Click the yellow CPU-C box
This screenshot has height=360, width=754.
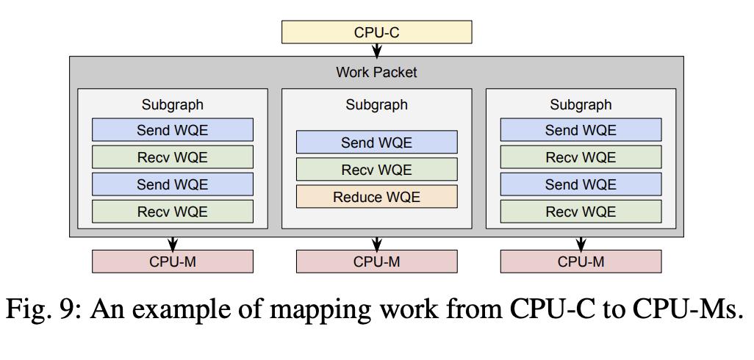point(376,32)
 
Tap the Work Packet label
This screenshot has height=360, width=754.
point(376,73)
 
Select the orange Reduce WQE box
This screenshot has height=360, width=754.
point(376,197)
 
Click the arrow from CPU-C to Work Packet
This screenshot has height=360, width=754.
point(376,50)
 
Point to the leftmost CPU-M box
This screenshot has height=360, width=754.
point(172,262)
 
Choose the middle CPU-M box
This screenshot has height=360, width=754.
point(376,262)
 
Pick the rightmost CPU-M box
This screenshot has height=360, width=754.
point(581,262)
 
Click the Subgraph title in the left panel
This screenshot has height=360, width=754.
point(172,105)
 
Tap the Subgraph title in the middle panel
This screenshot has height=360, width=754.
point(376,105)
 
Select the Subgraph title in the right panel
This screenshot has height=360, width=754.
point(581,105)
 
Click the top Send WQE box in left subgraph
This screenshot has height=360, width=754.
point(172,130)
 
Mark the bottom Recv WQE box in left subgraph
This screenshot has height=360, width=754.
point(172,212)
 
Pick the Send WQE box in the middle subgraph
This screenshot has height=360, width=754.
point(376,143)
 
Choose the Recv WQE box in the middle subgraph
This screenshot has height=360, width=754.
point(376,169)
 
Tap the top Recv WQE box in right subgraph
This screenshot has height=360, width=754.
point(581,156)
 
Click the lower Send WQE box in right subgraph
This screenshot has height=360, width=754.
point(581,184)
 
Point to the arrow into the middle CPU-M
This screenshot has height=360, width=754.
point(376,243)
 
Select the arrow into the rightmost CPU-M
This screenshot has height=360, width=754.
point(581,243)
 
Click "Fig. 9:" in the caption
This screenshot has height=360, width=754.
point(44,310)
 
